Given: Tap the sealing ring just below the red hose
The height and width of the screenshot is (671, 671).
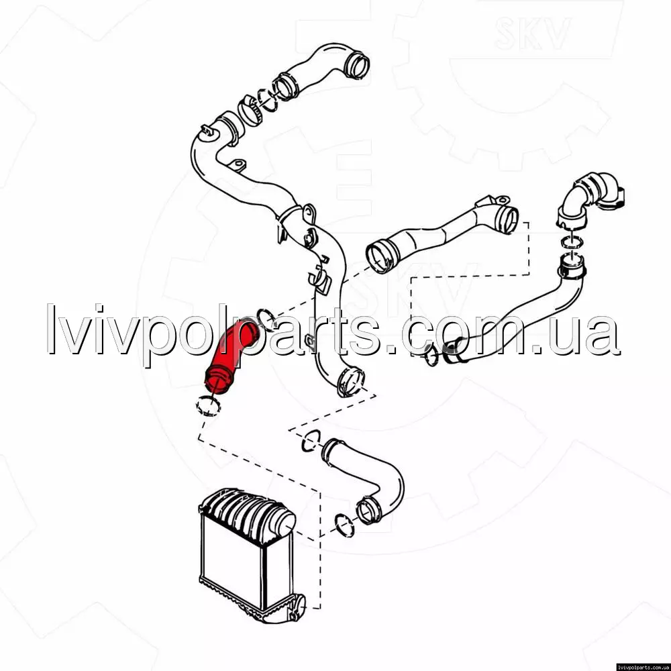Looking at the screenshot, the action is [208, 407].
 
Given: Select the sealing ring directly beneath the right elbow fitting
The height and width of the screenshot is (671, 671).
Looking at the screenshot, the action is [571, 242].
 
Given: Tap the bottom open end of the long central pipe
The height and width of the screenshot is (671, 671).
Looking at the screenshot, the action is [351, 382].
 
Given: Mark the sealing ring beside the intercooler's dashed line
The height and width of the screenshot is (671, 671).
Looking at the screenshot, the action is [344, 525].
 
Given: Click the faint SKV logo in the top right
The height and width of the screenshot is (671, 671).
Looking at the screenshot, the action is [532, 34].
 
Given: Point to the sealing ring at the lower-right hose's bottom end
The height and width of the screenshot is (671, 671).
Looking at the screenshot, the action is [431, 356].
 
